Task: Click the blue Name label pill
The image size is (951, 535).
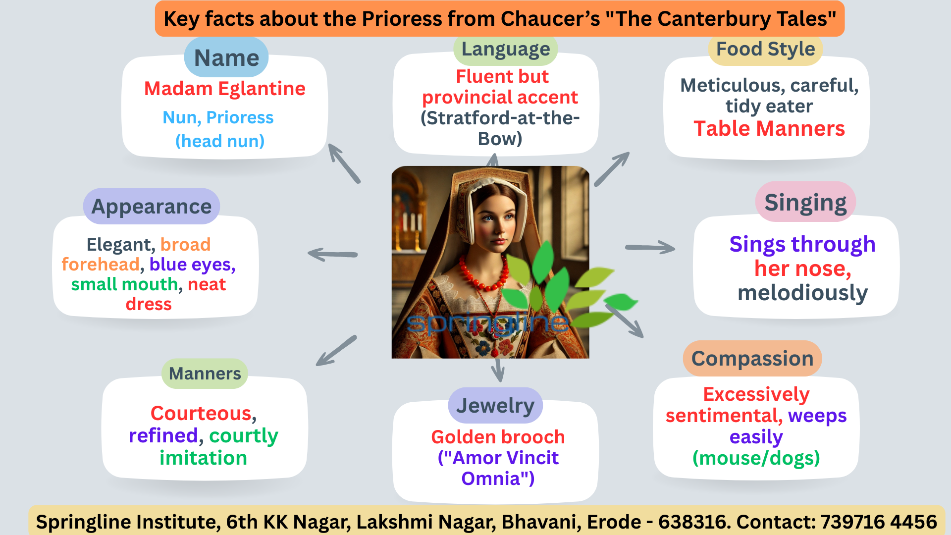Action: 226,57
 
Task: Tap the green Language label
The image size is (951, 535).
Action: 506,50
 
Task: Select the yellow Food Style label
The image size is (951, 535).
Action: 765,49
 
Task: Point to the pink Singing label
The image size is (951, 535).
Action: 805,202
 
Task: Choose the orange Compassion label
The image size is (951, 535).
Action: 752,358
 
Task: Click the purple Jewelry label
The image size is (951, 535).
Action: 495,405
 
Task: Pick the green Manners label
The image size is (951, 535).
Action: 205,374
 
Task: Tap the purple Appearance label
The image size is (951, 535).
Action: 152,206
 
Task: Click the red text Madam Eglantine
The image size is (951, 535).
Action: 225,89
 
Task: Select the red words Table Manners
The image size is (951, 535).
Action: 769,129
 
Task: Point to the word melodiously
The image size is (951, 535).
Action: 802,293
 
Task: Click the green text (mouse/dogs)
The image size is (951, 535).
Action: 756,458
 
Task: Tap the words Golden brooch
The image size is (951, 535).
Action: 498,437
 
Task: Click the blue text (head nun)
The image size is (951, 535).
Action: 220,141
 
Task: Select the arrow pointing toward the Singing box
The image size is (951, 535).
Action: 650,247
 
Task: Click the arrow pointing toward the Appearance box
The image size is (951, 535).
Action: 332,255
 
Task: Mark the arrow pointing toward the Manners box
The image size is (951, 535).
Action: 336,351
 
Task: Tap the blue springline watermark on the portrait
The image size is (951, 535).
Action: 488,322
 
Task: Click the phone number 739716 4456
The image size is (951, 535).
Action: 879,522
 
